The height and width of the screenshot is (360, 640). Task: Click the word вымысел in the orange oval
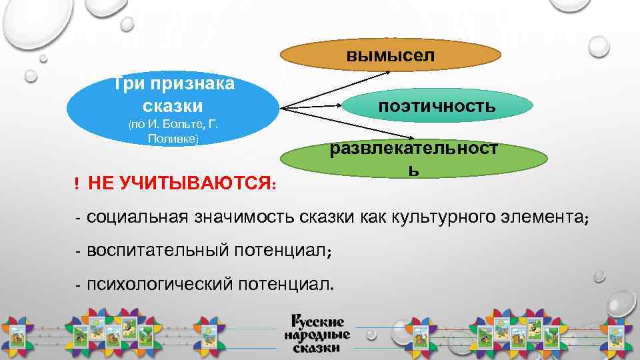(x=390, y=55)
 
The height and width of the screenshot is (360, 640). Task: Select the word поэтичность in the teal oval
(x=437, y=105)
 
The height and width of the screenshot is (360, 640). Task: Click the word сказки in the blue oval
(x=173, y=105)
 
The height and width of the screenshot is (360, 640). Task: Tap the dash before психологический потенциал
(x=78, y=285)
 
